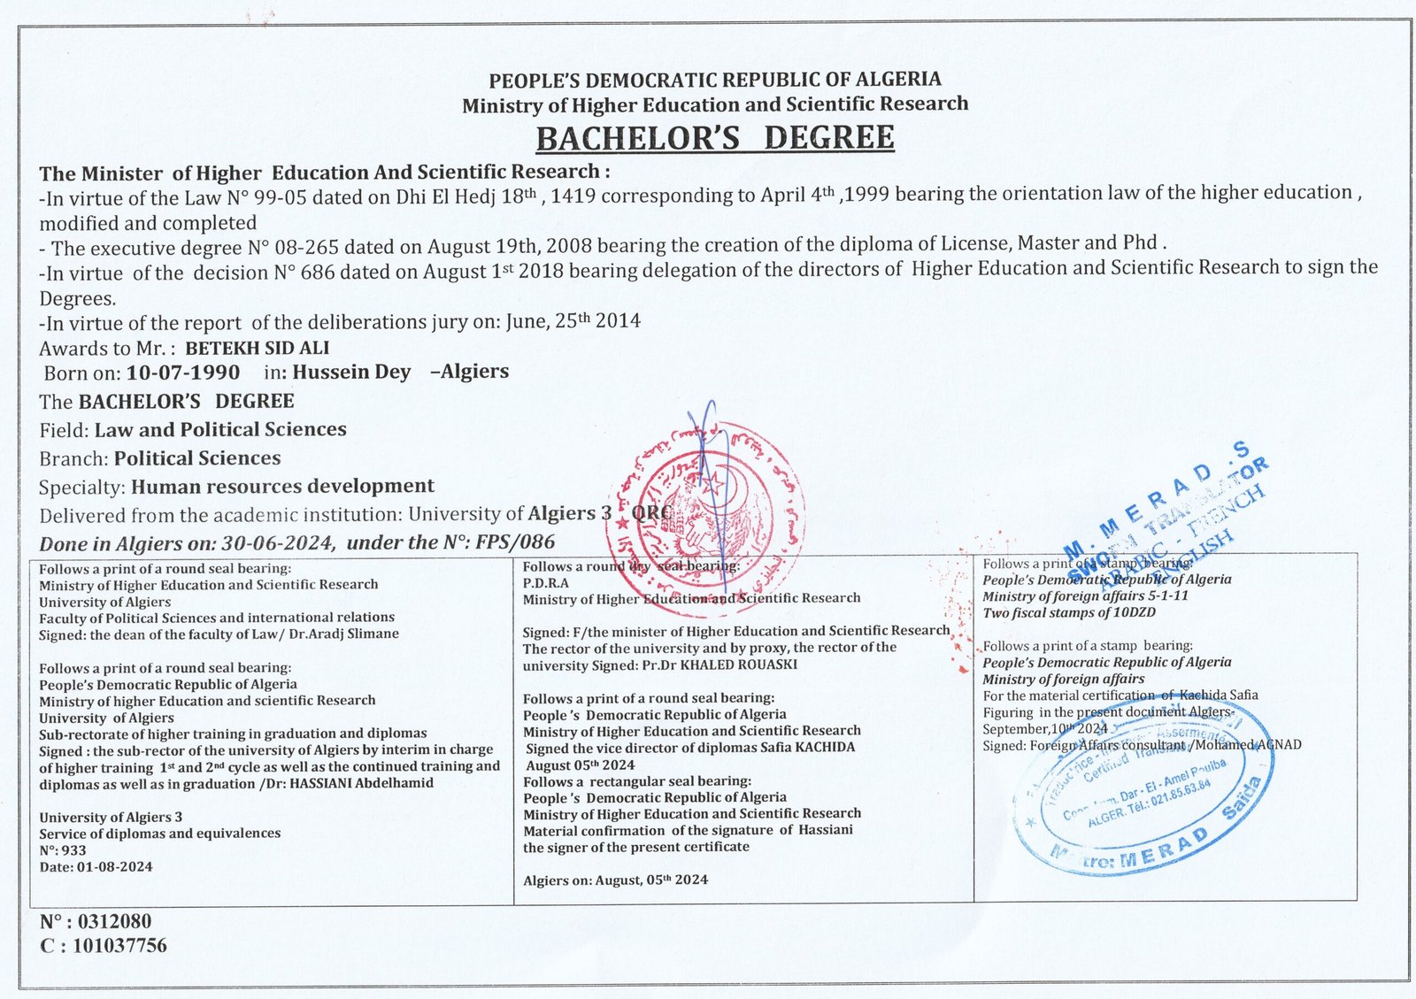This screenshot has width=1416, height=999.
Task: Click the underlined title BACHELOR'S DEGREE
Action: click(715, 139)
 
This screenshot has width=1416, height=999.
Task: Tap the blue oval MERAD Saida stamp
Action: click(1142, 796)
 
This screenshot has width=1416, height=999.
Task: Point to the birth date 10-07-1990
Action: click(183, 372)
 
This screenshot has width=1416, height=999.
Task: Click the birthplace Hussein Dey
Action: click(351, 372)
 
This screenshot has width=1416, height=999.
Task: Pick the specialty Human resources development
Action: click(282, 486)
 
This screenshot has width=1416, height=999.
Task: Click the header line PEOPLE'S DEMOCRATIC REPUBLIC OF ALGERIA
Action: click(715, 80)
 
